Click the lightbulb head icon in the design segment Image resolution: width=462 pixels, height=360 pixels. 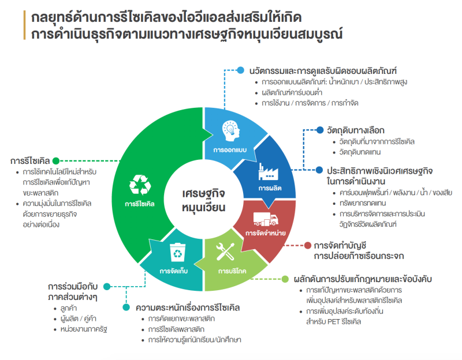[x=230, y=131]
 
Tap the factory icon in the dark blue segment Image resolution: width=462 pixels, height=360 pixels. [x=268, y=171]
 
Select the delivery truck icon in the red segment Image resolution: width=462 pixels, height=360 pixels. [x=266, y=219]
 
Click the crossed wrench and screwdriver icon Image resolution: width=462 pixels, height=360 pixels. [x=225, y=252]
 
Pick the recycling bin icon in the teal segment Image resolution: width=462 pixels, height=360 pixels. [x=178, y=252]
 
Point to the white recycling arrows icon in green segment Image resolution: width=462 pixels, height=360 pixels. [x=140, y=185]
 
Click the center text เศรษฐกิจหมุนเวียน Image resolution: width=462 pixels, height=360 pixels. [x=203, y=200]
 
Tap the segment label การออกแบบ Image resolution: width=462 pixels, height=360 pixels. [x=230, y=150]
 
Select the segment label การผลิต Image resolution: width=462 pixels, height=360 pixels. [x=270, y=189]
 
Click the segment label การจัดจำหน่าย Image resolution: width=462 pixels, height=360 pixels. [x=266, y=234]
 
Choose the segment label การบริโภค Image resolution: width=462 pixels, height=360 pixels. [x=232, y=271]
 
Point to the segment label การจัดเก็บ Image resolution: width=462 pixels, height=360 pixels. [x=174, y=271]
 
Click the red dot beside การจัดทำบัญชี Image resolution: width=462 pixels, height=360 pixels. [x=308, y=245]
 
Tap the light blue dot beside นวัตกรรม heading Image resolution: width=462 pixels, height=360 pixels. [x=241, y=70]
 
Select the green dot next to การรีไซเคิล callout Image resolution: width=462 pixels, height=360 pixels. [x=56, y=161]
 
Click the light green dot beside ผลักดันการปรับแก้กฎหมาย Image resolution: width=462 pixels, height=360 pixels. [x=285, y=279]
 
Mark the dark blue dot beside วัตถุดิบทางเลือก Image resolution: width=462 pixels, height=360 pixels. [x=320, y=130]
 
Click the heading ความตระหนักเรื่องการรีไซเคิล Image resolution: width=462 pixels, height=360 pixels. [x=188, y=308]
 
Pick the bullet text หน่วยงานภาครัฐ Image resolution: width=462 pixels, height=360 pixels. [x=84, y=329]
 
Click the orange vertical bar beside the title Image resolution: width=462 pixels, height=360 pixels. [x=24, y=25]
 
